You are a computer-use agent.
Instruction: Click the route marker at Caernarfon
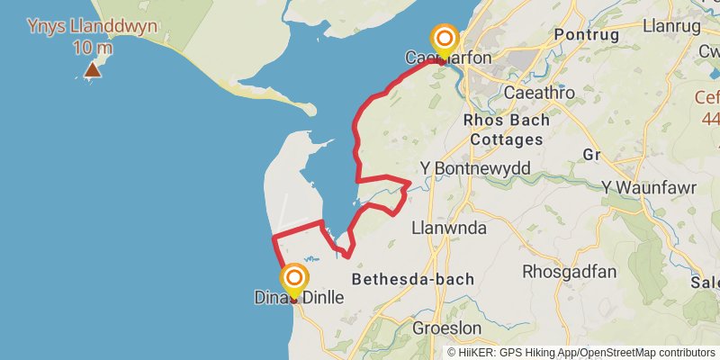pyautogui.click(x=445, y=40)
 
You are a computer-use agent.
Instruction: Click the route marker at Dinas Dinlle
pyautogui.click(x=294, y=279)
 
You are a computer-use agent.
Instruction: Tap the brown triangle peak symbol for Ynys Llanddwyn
pyautogui.click(x=93, y=69)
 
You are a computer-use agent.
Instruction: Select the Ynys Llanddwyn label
pyautogui.click(x=92, y=25)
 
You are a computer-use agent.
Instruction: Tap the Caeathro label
pyautogui.click(x=539, y=93)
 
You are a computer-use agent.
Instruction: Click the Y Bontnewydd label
pyautogui.click(x=475, y=168)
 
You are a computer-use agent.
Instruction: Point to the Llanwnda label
pyautogui.click(x=448, y=228)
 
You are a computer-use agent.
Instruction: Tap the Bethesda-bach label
pyautogui.click(x=413, y=279)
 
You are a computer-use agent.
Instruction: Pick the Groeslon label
pyautogui.click(x=446, y=328)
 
